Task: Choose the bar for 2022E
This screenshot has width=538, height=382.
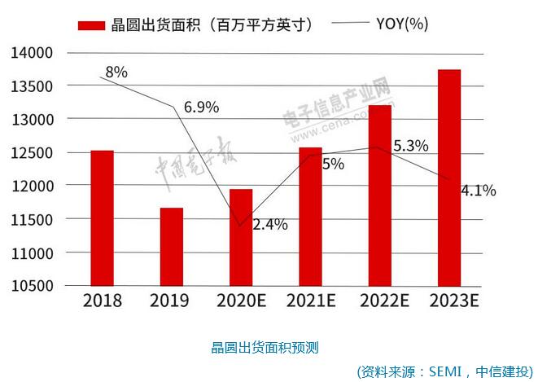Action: (380, 195)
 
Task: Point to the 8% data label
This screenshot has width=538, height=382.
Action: (116, 72)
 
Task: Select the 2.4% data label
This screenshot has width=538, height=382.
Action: (269, 225)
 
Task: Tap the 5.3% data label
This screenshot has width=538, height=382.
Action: (410, 147)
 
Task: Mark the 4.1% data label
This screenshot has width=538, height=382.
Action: (478, 191)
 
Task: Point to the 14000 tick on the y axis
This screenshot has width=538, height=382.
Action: (32, 53)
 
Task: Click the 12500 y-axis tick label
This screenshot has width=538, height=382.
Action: (32, 153)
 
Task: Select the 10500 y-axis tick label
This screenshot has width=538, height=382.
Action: (32, 286)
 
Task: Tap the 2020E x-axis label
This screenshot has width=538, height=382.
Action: (242, 301)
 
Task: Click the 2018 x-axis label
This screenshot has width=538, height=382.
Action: (103, 301)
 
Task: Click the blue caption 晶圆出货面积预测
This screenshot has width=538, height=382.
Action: (265, 347)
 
